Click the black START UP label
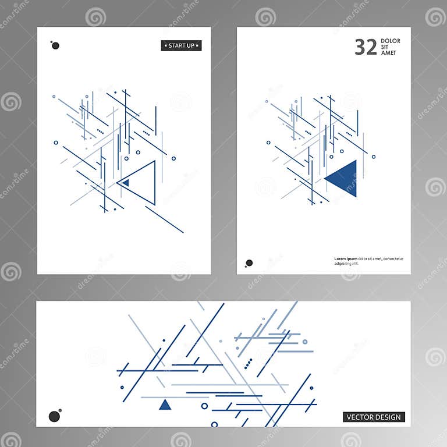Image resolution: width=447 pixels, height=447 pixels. pos(181,45)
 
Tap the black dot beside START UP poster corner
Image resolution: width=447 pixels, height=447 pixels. pos(55,45)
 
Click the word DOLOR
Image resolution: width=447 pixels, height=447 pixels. pos(390,41)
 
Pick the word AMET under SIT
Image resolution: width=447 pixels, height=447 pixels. pos(388,53)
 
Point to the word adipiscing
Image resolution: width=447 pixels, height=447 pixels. pos(344,264)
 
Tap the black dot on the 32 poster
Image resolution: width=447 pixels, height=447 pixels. pos(249,263)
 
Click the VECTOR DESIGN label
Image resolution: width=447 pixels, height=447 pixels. pos(374,417)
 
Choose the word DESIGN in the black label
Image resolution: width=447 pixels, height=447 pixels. pos(389,417)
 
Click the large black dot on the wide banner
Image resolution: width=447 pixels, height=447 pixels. pos(55,416)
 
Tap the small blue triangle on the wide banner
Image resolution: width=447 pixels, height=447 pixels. pos(165,405)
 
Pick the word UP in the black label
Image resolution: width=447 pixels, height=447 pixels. pos(191,45)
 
